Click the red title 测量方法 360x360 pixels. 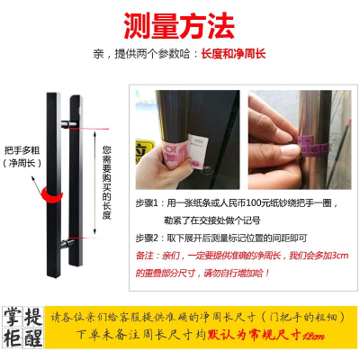pos(179,21)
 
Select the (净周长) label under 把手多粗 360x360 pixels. pos(21,165)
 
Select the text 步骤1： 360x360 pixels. pos(148,204)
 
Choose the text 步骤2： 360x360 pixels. pos(148,236)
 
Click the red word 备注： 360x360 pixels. pos(145,255)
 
